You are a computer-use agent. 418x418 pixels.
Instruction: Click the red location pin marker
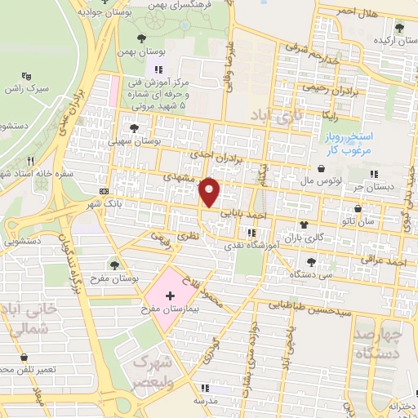tap(210, 191)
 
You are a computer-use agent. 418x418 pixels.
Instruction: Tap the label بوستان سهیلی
tap(149, 140)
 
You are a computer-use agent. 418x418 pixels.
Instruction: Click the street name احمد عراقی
tap(386, 262)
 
